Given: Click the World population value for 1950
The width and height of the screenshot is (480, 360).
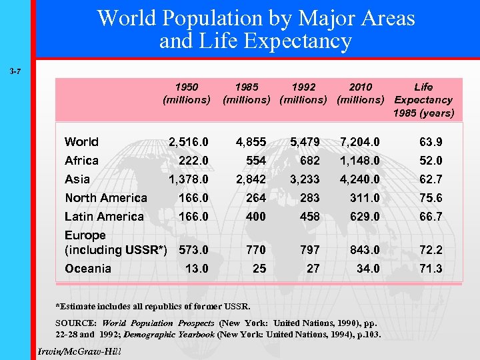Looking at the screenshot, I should point(189,142).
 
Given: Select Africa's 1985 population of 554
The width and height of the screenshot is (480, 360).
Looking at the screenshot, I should point(255,161).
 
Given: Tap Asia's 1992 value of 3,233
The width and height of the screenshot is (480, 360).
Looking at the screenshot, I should point(305,179).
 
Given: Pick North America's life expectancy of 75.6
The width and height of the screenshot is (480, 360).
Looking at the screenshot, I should point(430,198).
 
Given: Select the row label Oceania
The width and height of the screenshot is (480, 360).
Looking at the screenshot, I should point(87,269).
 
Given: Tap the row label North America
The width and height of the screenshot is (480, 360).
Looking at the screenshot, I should point(105,198).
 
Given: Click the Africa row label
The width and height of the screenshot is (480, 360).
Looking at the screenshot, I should point(81,161).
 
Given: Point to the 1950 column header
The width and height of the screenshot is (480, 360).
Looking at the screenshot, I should point(187,93).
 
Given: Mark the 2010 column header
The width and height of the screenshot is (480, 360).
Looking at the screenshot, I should point(361,93).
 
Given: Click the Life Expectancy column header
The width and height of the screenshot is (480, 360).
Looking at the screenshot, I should point(423,100).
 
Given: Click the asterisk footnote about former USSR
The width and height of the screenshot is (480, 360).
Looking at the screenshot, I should point(153,307).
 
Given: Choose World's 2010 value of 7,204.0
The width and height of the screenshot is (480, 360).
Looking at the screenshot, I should point(360,142).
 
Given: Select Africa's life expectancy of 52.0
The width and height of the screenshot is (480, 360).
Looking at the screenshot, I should point(430,161).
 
